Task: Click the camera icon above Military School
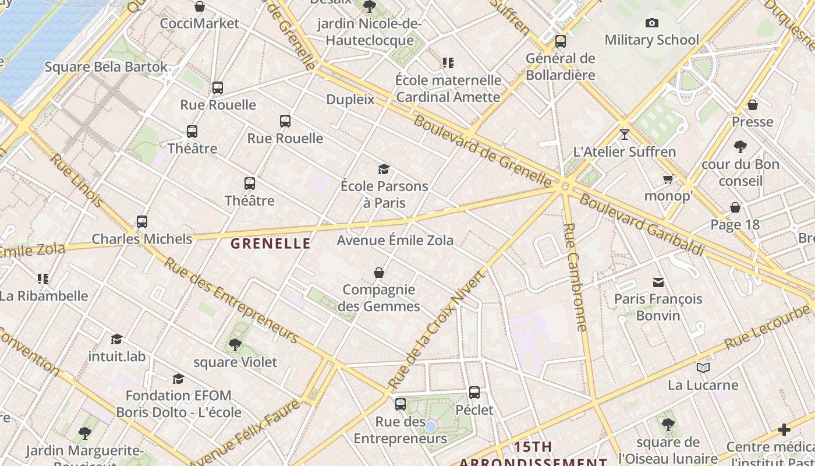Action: click(652, 23)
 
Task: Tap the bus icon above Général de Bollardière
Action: click(561, 41)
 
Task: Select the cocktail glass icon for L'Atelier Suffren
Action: click(625, 135)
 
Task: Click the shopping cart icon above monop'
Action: click(668, 179)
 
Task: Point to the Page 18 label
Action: click(735, 225)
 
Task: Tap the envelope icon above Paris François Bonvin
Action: click(658, 283)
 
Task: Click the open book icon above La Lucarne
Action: click(703, 368)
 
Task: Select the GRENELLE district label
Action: click(271, 243)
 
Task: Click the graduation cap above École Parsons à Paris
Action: click(384, 170)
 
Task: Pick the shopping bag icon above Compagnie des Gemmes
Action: click(379, 273)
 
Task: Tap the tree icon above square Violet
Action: click(235, 345)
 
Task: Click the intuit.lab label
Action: click(117, 356)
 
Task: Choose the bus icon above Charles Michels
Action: click(142, 222)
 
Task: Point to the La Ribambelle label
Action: click(44, 295)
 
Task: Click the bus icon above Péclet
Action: click(474, 393)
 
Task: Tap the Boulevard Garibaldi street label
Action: click(642, 225)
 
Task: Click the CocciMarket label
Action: click(199, 23)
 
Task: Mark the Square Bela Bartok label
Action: click(106, 67)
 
